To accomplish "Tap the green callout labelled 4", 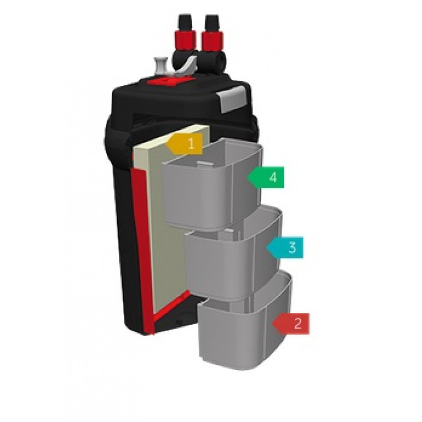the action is point(266,177).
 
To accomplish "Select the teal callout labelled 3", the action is point(286,247).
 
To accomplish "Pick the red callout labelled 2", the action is point(291,323).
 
